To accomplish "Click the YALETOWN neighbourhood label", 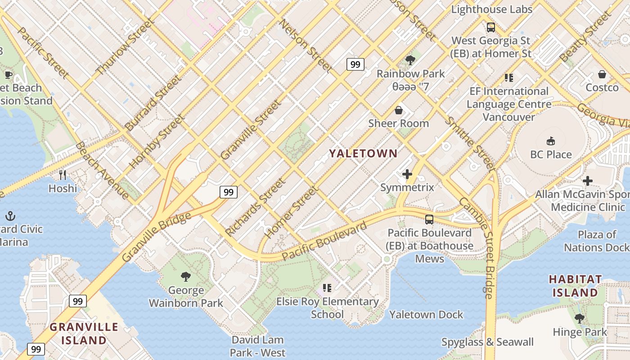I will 363,153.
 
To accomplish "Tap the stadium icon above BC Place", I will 550,141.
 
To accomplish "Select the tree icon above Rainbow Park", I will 410,60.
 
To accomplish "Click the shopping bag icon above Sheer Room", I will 399,110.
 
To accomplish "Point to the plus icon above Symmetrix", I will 407,174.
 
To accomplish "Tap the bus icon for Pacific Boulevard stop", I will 429,220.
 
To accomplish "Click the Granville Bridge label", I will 156,237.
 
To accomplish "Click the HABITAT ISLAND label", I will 575,286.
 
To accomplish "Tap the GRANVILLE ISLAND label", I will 84,333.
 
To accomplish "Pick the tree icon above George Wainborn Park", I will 185,277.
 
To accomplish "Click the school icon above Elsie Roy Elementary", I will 327,288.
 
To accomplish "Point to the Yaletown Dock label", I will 426,315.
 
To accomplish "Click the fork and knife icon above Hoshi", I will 63,175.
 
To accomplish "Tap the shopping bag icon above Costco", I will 602,74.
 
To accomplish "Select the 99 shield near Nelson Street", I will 355,64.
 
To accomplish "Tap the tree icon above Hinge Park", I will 580,319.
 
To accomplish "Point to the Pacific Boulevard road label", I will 324,242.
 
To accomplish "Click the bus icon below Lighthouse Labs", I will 491,27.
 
